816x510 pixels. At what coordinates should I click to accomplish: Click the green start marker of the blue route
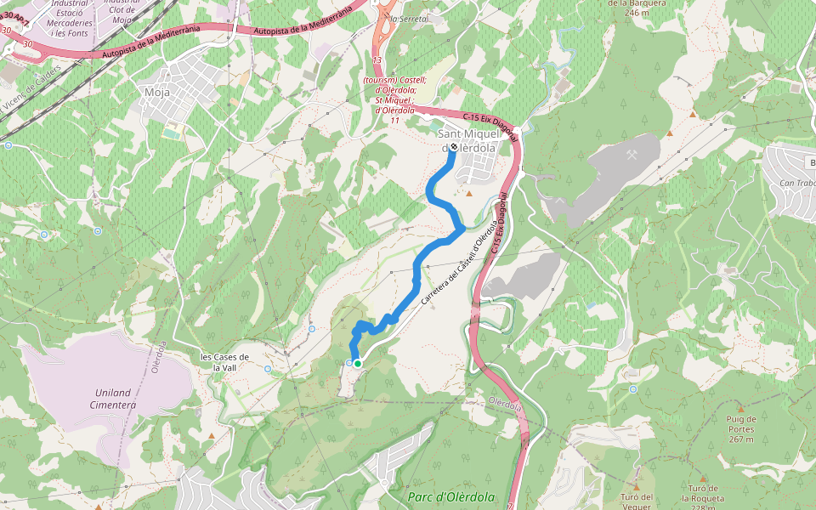[358, 364]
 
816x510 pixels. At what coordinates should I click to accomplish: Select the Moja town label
[157, 93]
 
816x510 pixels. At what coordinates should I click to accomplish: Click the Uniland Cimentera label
[112, 399]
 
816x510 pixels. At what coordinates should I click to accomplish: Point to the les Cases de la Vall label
[224, 362]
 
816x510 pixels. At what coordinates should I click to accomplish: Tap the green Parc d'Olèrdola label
[450, 496]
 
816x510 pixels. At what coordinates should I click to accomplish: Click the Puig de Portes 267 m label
[740, 428]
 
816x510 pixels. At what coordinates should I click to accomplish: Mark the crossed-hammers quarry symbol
[634, 156]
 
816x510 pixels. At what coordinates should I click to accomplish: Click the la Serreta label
[405, 18]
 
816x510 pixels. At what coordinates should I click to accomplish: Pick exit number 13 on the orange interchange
[377, 60]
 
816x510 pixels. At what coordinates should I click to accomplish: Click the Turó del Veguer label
[637, 502]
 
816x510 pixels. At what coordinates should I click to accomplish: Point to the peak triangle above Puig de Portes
[740, 410]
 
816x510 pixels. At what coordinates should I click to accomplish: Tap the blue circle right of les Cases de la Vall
[268, 369]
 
